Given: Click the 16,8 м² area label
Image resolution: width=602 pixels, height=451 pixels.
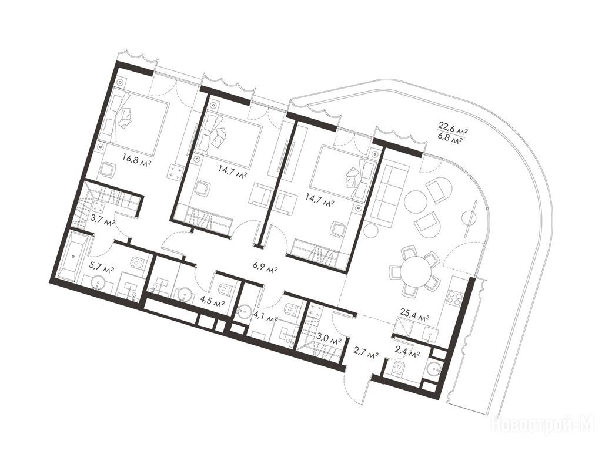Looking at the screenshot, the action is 136,157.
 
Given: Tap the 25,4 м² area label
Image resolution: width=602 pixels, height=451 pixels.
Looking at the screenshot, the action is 415,318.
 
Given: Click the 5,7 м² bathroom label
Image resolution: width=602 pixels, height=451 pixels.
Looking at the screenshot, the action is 101,265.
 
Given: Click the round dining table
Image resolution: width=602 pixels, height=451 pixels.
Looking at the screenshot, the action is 416,271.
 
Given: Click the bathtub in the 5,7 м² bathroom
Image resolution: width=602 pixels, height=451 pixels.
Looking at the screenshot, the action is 75,255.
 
